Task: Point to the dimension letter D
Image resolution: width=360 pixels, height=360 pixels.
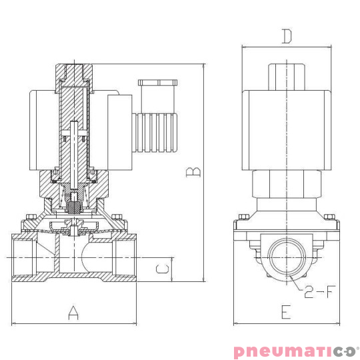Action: point(286,37)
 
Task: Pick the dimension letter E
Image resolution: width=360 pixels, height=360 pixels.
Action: point(285,312)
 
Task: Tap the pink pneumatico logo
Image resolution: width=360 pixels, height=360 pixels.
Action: point(296,351)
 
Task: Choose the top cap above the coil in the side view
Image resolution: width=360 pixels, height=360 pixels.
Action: point(286,75)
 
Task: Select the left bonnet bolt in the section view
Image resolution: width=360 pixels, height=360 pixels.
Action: point(30,218)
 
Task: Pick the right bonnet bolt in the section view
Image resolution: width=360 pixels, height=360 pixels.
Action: point(118,218)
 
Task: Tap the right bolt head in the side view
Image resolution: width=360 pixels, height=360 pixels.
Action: point(328,217)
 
